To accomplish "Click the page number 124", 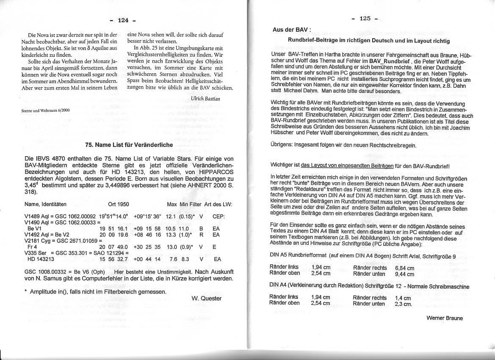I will pyautogui.click(x=123, y=20).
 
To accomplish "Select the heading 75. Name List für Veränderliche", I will pyautogui.click(x=129, y=145).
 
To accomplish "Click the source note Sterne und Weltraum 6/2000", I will pyautogui.click(x=45, y=110).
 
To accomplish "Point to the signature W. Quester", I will pyautogui.click(x=206, y=298).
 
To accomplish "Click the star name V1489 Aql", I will pyautogui.click(x=38, y=216).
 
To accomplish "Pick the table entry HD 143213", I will pyautogui.click(x=41, y=259).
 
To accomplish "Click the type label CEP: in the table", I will pyautogui.click(x=218, y=216).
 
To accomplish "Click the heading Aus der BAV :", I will pyautogui.click(x=292, y=30).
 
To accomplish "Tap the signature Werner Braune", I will pyautogui.click(x=444, y=318).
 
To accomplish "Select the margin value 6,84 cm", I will pyautogui.click(x=405, y=268).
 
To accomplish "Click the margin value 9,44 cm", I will pyautogui.click(x=405, y=274).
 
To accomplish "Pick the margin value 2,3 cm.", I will pyautogui.click(x=403, y=304).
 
